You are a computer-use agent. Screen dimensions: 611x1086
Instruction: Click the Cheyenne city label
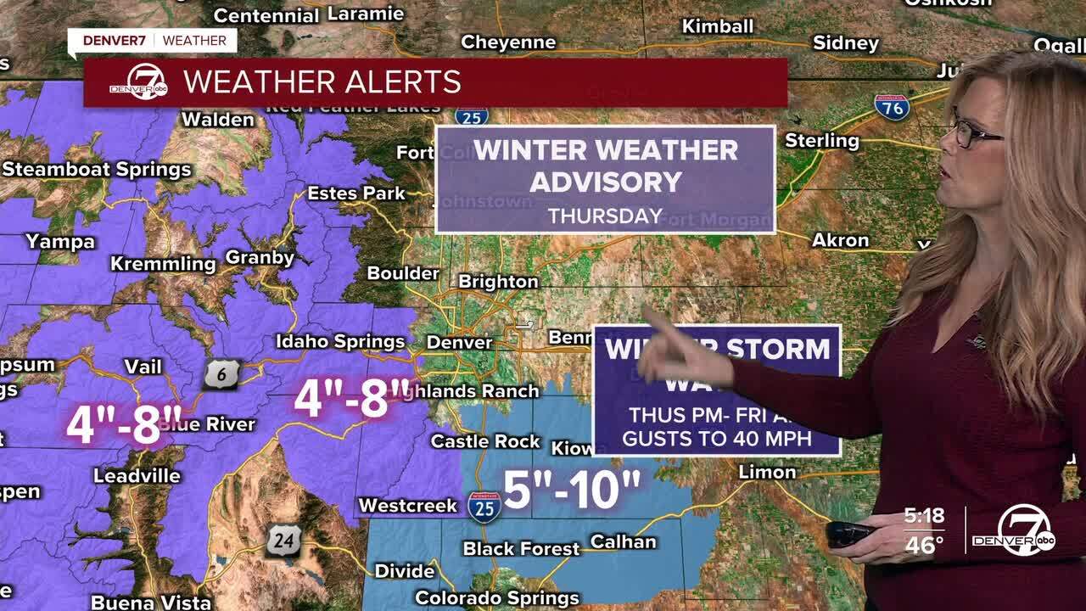pos(507,42)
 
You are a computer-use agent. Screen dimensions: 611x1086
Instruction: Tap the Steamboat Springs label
pos(96,169)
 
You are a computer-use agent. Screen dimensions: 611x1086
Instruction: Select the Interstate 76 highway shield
pos(892,106)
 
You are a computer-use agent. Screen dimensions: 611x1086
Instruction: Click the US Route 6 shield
pos(221,374)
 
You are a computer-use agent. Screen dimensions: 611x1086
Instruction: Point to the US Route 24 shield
pos(283,541)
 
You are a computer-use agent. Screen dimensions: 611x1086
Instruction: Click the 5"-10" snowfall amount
pos(572,490)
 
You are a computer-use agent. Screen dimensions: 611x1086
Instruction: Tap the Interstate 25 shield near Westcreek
pos(484,507)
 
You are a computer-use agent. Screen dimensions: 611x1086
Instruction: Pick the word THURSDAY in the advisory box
pos(605,216)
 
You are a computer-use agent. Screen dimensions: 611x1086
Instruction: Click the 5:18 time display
pos(924,516)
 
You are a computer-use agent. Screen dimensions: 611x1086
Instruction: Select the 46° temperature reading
pos(924,545)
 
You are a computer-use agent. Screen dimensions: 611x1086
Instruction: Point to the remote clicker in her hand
pos(850,534)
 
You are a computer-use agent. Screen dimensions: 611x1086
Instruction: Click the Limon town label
pos(767,472)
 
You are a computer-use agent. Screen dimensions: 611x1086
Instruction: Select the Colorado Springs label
pos(496,598)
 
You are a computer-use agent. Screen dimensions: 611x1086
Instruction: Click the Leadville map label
pos(137,475)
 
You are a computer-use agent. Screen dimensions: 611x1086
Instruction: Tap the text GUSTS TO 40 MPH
pos(717,439)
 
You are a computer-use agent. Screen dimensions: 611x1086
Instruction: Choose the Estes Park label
pos(356,193)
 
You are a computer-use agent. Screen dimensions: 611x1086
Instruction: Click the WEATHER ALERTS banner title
pos(322,82)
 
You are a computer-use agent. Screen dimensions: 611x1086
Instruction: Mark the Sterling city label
pos(821,140)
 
